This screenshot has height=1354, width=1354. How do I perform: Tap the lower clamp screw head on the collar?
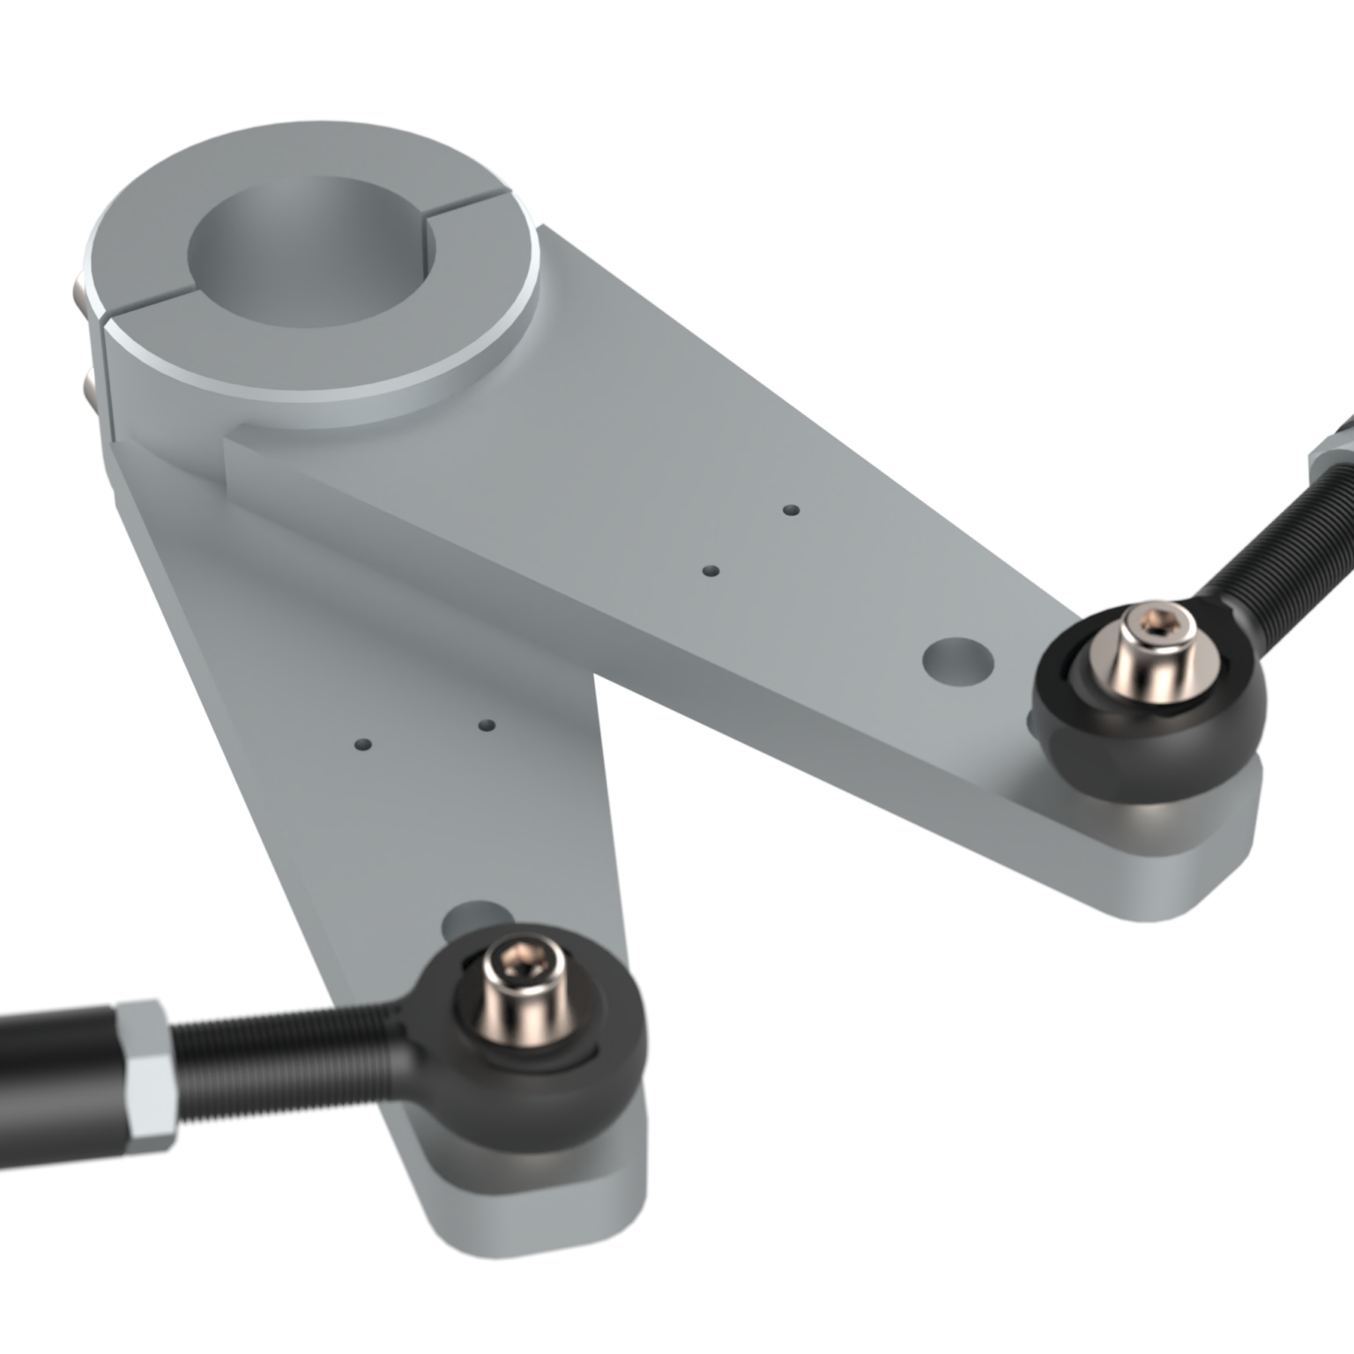click(x=86, y=384)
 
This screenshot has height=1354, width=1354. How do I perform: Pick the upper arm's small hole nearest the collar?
click(x=792, y=510)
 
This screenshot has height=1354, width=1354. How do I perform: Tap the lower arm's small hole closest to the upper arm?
click(x=486, y=725)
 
